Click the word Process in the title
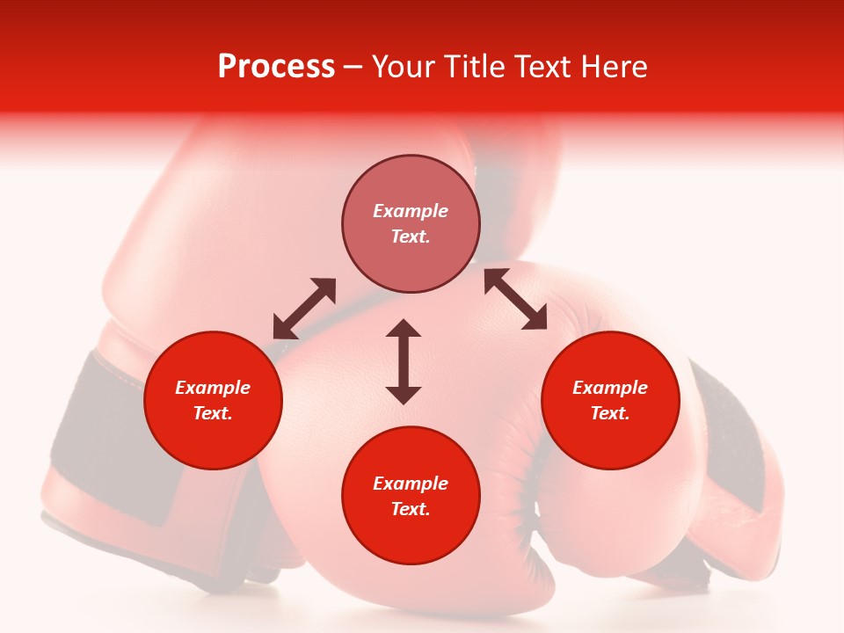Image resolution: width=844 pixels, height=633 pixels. point(276,67)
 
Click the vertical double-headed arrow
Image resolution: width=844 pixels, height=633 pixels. point(404,361)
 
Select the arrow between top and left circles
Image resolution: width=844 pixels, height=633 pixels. point(304,309)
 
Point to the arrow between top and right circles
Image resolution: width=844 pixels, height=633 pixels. point(515,299)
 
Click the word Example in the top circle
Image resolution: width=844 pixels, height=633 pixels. point(411,211)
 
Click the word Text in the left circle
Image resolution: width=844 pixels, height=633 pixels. point(213,413)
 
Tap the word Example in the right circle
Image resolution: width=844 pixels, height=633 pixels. point(610,388)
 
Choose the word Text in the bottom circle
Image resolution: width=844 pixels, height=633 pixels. point(411,509)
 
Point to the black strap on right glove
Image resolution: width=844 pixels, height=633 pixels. point(734,440)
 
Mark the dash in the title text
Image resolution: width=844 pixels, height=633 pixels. point(353,68)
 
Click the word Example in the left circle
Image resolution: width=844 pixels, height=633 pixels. point(213,388)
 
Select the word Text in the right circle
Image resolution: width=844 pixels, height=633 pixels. point(610,413)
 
